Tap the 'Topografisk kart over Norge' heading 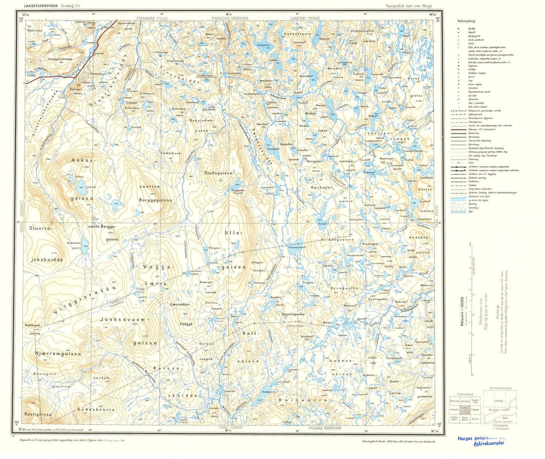pos(408,6)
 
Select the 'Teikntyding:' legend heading pos(466,22)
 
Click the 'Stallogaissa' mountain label pos(218,173)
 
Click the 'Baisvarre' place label pos(303,400)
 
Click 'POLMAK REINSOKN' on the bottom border pos(325,428)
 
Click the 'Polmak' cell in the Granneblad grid pos(475,409)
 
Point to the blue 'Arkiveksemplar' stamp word pos(488,444)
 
